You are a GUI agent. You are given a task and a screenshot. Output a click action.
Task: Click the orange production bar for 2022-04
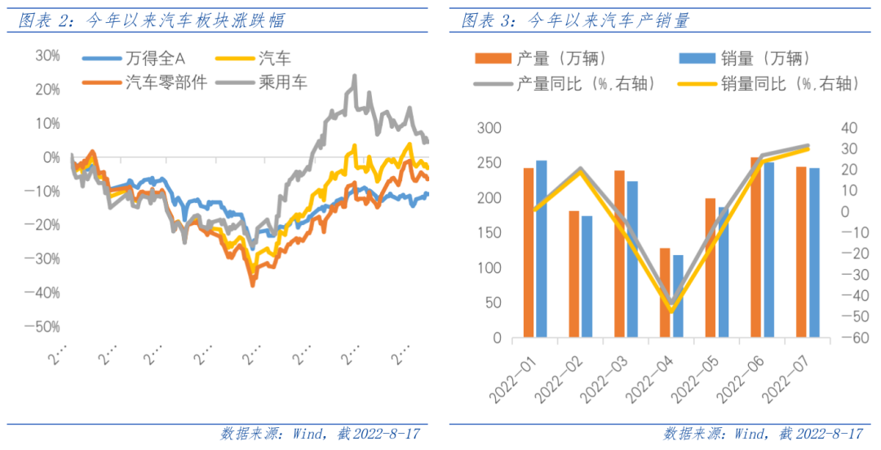coord(665,293)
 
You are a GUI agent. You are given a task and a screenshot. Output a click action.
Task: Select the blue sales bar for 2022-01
coord(542,249)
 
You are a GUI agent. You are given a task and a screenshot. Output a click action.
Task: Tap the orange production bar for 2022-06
coord(755,247)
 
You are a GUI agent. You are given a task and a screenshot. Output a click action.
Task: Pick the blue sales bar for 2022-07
coord(813,253)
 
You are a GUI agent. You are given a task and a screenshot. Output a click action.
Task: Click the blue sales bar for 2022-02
coord(587,276)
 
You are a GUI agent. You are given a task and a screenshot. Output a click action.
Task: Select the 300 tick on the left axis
coord(488,129)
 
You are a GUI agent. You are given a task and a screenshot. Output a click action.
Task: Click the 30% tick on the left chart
coord(46,55)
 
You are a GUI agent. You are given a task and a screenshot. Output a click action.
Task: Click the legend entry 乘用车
coord(282,82)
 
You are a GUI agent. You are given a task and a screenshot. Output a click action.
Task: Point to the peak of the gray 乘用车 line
coord(354,77)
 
